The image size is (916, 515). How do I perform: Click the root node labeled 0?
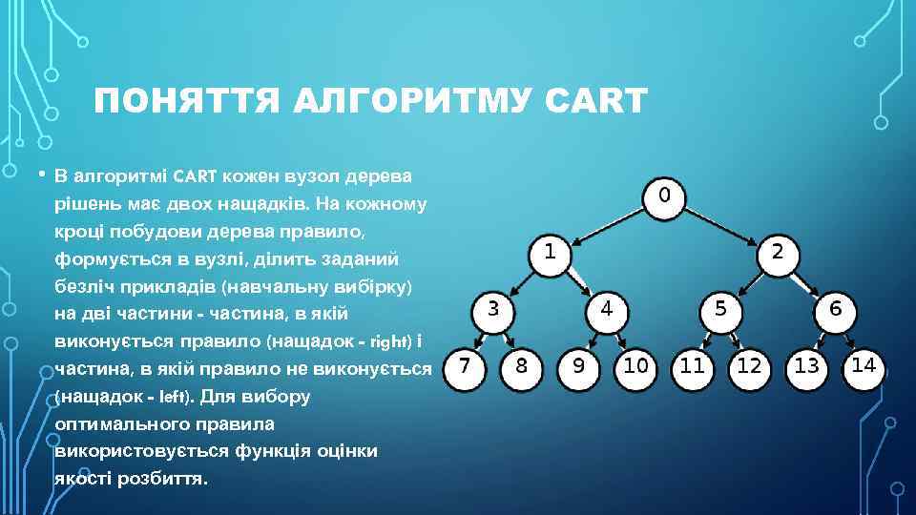point(664,196)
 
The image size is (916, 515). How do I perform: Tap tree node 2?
point(778,253)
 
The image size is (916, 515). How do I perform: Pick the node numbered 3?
point(492,309)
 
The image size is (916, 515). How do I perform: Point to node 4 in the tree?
point(607,309)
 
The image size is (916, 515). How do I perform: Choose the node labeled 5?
point(721,309)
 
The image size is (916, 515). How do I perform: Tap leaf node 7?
point(464,366)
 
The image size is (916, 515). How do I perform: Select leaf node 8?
point(521,366)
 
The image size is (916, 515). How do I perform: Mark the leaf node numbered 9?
point(578,366)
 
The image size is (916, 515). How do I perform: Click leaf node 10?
point(635,366)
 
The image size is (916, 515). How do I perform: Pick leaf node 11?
point(693,366)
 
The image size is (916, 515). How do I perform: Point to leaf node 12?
point(750,366)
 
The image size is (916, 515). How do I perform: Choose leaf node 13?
point(807,366)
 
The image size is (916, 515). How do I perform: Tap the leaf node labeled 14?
point(864,365)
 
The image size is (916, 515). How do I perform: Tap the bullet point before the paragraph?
point(41,175)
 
